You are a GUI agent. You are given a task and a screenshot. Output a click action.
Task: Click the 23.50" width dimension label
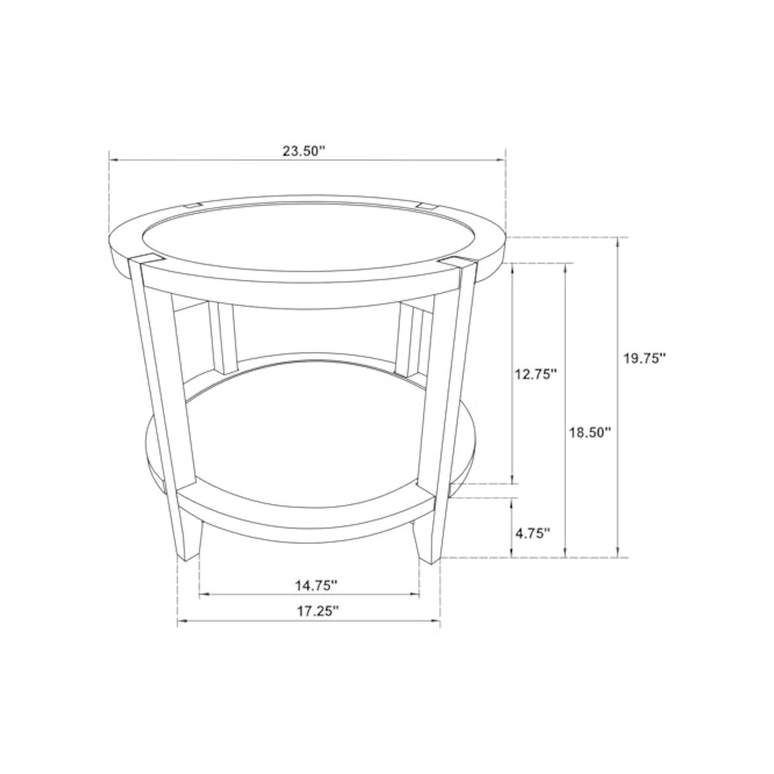point(303,151)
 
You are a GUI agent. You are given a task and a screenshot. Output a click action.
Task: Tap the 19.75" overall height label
point(645,358)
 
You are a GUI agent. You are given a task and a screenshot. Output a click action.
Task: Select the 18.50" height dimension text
point(591,433)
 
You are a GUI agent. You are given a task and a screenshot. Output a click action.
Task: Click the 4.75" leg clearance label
point(533,533)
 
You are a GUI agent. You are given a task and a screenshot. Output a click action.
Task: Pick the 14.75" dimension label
point(317,585)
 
